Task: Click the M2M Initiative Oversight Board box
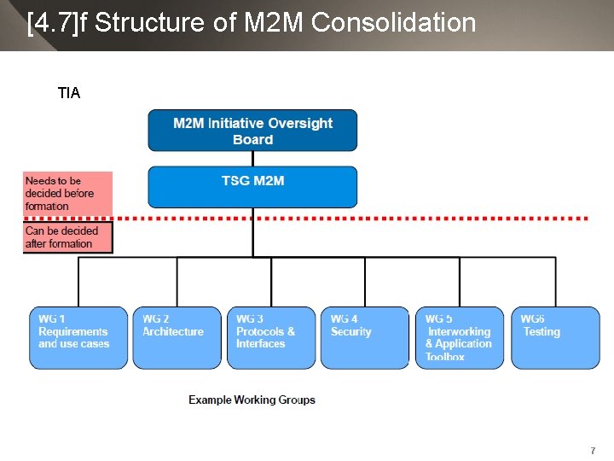(252, 131)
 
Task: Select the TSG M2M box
(252, 187)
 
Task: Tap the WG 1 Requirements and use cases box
(78, 337)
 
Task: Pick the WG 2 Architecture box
(177, 337)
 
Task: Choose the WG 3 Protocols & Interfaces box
(270, 337)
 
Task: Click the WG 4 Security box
(365, 337)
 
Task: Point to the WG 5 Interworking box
(459, 337)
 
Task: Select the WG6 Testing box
(554, 337)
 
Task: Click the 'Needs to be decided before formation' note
(67, 194)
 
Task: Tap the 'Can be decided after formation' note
(67, 237)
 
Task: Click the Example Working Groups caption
(252, 400)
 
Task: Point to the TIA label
(69, 93)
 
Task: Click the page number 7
(592, 450)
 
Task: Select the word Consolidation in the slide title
(394, 23)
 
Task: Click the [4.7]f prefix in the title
(57, 23)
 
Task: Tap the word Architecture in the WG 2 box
(173, 331)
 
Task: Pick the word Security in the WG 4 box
(351, 331)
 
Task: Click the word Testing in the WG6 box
(542, 331)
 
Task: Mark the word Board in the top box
(252, 139)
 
